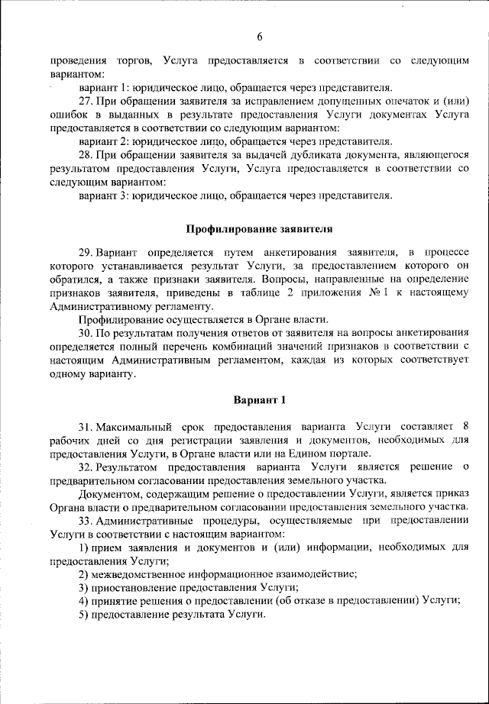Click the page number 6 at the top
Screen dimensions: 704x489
pos(259,37)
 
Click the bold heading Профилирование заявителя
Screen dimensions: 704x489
pos(260,228)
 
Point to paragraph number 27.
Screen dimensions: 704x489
pos(86,102)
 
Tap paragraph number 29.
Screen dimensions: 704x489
pos(86,252)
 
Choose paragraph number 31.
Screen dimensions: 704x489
pos(86,425)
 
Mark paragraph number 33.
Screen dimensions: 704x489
pos(86,521)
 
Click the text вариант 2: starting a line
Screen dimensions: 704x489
pos(104,142)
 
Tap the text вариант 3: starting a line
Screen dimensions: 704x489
pos(104,196)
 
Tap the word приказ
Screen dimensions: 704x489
pos(450,493)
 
